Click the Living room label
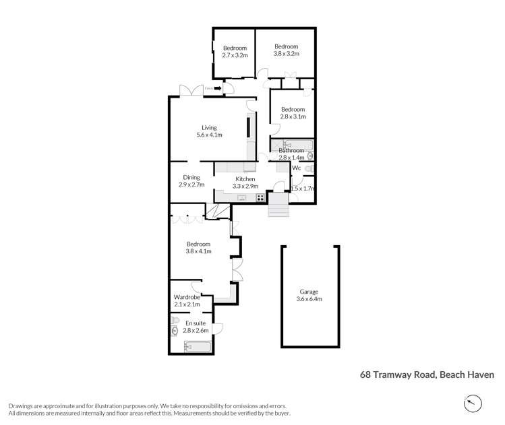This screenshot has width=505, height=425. (x=209, y=131)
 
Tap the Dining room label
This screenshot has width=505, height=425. (x=191, y=181)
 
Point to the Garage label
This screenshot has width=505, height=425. (x=310, y=295)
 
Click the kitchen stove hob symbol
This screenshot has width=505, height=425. (x=260, y=197)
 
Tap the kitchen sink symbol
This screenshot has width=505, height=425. (x=241, y=197)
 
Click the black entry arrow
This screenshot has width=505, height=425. (x=217, y=88)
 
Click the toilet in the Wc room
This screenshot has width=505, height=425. (x=308, y=168)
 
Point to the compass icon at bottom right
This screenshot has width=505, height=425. (x=474, y=403)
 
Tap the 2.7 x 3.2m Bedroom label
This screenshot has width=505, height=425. (x=235, y=51)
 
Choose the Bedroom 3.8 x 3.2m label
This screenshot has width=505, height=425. (x=286, y=49)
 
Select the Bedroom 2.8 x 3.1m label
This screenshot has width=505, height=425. (x=293, y=112)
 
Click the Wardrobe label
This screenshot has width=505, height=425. (x=187, y=300)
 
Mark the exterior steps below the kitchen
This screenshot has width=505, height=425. (x=278, y=206)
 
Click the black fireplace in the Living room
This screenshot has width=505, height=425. (x=248, y=128)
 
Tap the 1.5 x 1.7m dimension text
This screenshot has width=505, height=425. (x=303, y=189)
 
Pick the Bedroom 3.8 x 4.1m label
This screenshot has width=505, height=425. (x=198, y=248)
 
